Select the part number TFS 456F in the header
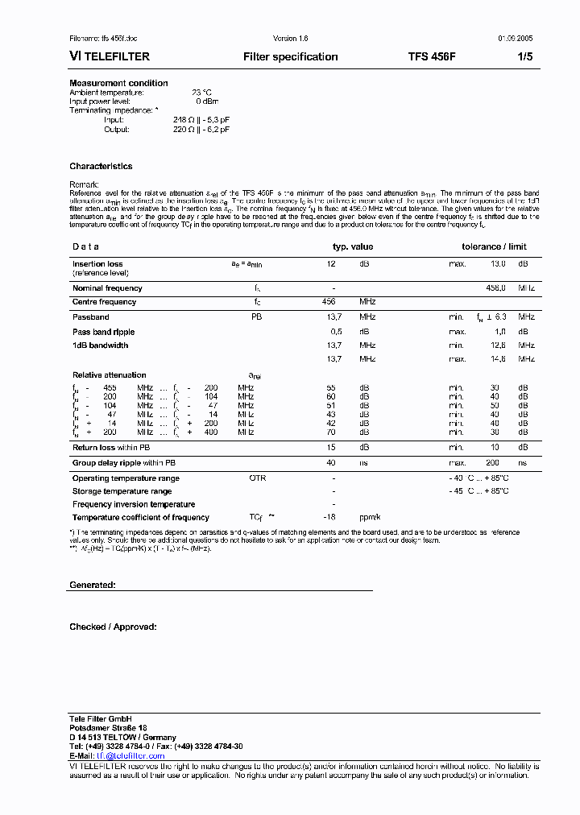pos(431,57)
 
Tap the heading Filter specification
pos(290,57)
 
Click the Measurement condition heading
pos(118,83)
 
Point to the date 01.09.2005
pos(514,39)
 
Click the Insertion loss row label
pos(97,264)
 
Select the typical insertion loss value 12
pos(330,264)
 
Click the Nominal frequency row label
pos(108,288)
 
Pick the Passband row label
pos(90,317)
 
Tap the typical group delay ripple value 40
pos(330,463)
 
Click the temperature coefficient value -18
pos(329,518)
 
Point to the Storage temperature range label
pos(122,491)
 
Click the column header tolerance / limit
pos(494,247)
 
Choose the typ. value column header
pos(353,247)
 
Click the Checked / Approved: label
pos(113,627)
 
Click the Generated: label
pos(92,585)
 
